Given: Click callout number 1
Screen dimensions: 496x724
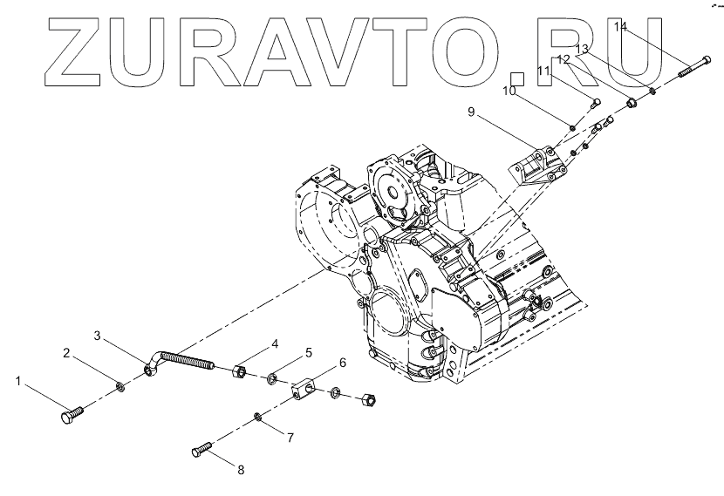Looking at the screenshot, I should click(18, 381).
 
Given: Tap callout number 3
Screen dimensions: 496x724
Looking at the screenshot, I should click(98, 336).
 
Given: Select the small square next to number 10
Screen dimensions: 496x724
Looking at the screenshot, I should click(516, 79).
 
